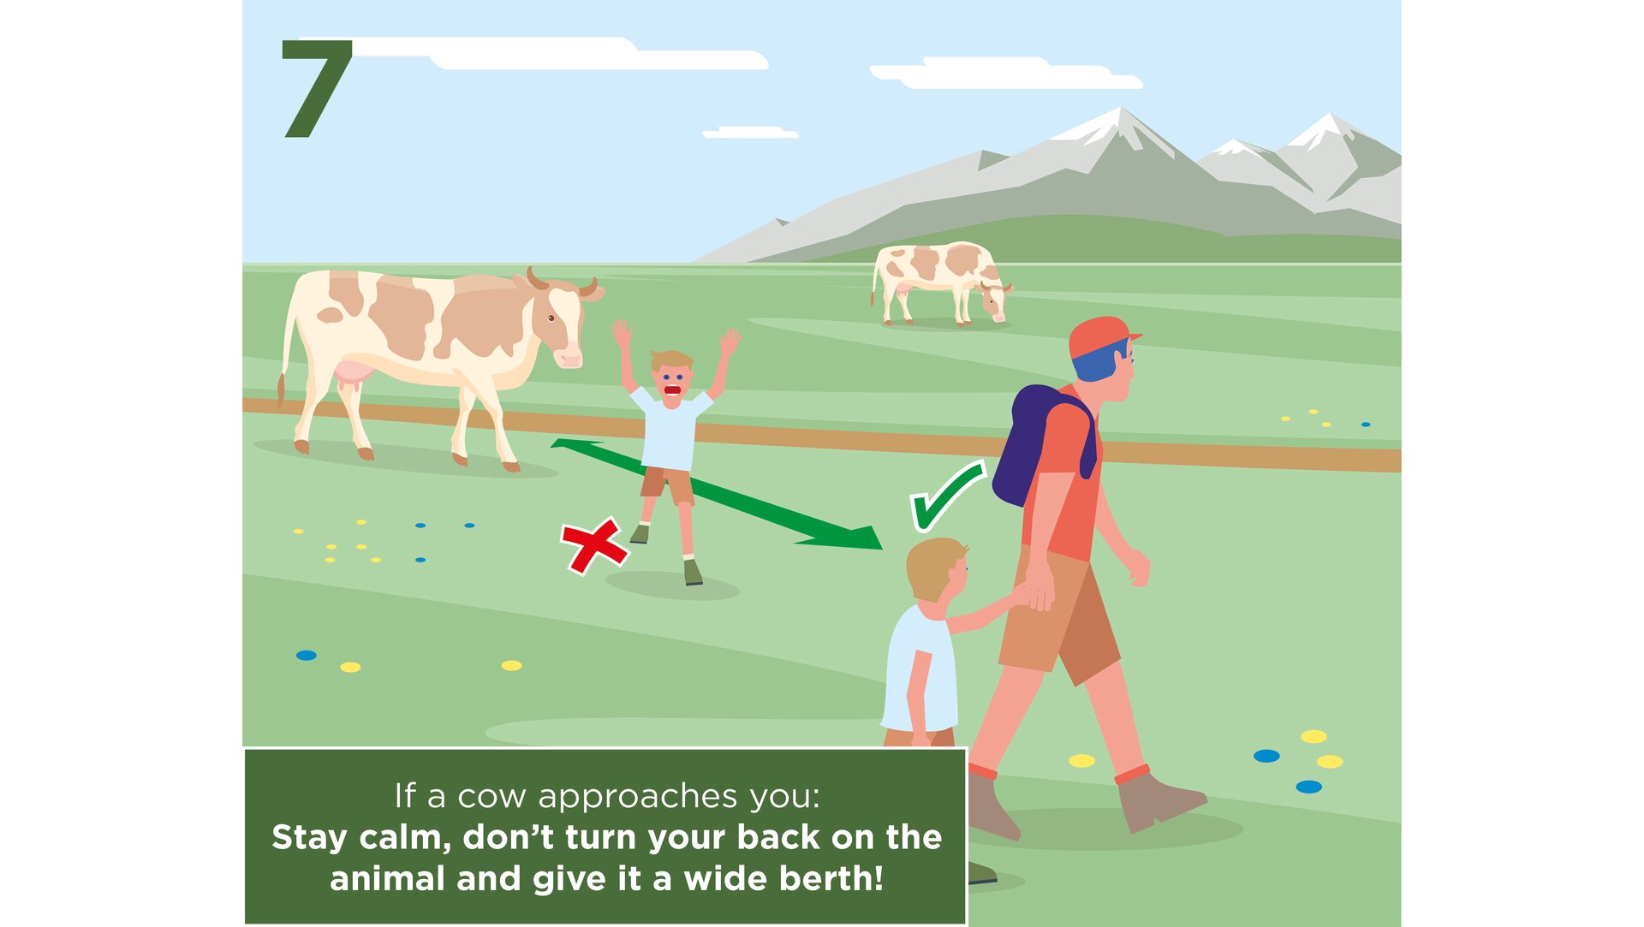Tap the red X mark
click(x=594, y=545)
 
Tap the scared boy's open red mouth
click(x=673, y=391)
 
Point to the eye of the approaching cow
click(x=551, y=318)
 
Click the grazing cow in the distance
click(x=940, y=282)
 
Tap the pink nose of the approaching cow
click(x=568, y=358)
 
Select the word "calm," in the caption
click(x=405, y=837)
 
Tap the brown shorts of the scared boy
click(x=667, y=485)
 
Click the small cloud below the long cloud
click(x=750, y=133)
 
